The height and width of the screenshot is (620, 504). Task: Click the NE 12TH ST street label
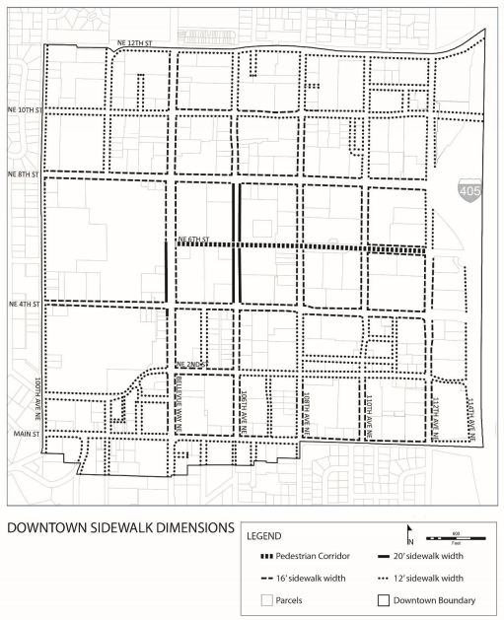click(134, 44)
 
